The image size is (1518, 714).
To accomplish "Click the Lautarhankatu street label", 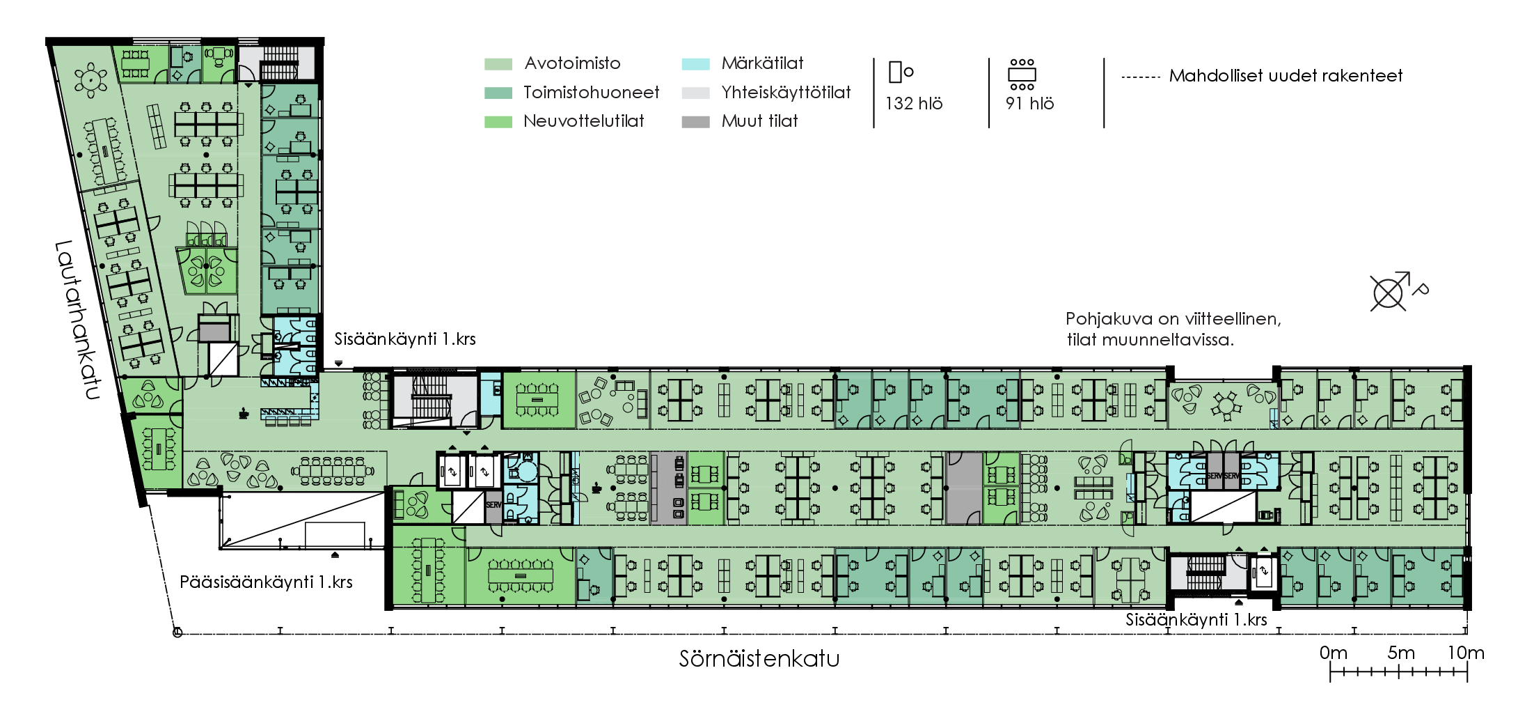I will (x=77, y=320).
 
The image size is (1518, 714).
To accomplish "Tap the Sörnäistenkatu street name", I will (x=759, y=659).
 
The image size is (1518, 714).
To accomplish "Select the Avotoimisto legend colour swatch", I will (x=498, y=64).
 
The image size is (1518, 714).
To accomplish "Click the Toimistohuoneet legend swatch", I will (x=498, y=93).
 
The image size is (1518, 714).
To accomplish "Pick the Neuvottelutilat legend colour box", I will (x=498, y=122).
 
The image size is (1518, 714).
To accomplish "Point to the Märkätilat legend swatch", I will (x=695, y=64).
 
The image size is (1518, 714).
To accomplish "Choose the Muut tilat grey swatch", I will (x=695, y=122).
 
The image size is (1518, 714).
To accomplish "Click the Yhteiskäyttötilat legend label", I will (x=786, y=93).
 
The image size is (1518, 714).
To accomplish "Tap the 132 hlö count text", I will (x=913, y=104).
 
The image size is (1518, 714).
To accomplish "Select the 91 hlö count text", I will (x=1029, y=104).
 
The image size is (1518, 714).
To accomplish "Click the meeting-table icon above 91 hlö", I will (x=1022, y=74).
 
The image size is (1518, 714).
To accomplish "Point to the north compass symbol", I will (x=1388, y=292).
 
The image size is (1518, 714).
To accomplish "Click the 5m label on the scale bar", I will (x=1400, y=653).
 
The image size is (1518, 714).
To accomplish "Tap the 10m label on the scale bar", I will (x=1466, y=653).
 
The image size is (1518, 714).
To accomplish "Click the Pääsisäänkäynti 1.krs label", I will (x=266, y=582).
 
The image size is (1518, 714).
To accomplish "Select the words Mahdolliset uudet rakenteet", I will (x=1286, y=76).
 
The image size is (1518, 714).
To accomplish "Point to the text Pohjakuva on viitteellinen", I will (x=1173, y=319).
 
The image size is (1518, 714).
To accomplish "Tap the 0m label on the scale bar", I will (x=1333, y=653).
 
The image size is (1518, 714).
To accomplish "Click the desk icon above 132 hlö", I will (x=900, y=72).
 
